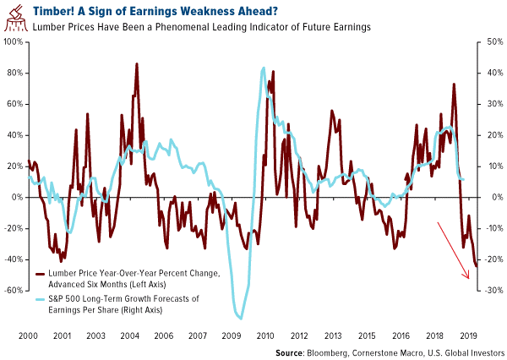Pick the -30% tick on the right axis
[489, 290]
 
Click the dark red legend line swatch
[41, 274]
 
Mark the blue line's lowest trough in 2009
[241, 319]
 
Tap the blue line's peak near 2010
[264, 68]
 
